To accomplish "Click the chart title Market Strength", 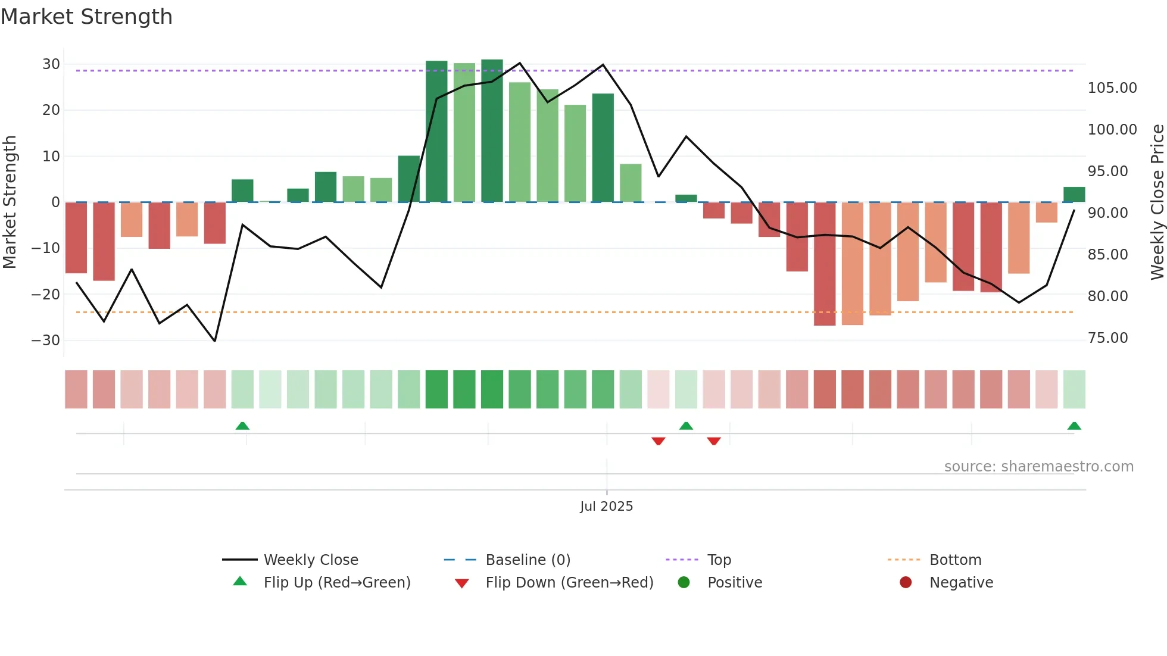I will coord(86,17).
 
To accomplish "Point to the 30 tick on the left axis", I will coord(51,64).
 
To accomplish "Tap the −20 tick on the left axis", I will coord(46,294).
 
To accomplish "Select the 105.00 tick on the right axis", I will coord(1112,88).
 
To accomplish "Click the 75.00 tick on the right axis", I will coord(1107,338).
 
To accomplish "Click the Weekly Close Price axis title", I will coord(1157,202).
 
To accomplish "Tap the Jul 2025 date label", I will coord(606,507).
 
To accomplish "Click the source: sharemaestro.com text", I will coord(1038,467).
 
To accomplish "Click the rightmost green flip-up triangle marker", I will coord(1074,426).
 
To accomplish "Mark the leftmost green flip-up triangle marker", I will coord(242,426).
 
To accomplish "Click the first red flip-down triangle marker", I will coord(658,441).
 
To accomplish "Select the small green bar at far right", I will coord(1074,195).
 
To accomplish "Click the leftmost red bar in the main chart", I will coord(76,238).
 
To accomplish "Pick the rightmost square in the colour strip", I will coord(1074,389).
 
